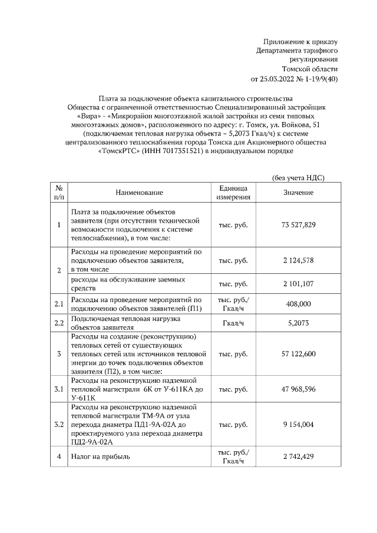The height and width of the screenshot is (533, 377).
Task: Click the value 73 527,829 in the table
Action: tap(299, 225)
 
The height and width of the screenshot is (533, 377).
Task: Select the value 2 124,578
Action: tap(299, 259)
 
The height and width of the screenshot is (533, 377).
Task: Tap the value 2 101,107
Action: tap(299, 284)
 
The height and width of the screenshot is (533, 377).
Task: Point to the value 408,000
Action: tap(299, 304)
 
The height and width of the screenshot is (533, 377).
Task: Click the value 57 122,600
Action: tap(299, 353)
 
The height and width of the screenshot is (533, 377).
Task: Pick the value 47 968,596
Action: tap(299, 389)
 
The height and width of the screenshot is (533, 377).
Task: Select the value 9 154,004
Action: tap(299, 424)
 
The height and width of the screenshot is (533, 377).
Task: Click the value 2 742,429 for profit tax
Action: tap(299, 456)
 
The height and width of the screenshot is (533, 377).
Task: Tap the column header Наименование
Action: tap(139, 193)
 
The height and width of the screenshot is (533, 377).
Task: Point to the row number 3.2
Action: tap(58, 424)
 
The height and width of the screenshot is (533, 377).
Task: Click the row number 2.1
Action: tap(58, 304)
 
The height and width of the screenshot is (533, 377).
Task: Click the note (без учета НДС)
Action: tap(299, 178)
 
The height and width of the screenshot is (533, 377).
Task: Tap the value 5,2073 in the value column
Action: tap(299, 323)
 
